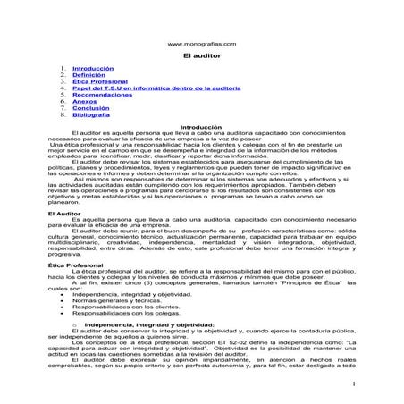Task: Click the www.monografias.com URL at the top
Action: click(x=203, y=43)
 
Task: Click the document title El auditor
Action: click(x=202, y=55)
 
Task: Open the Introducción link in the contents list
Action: click(x=93, y=68)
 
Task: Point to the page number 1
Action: click(x=354, y=385)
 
